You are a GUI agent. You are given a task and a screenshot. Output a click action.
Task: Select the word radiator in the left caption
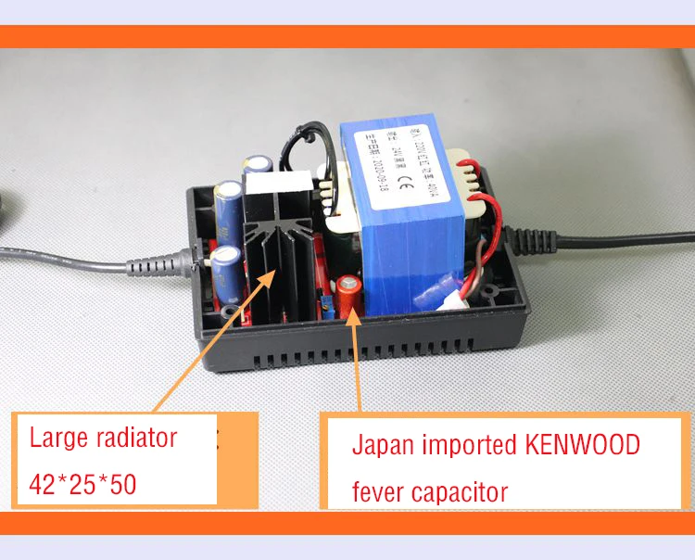tap(127, 436)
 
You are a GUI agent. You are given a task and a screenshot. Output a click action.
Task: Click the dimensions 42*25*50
tap(83, 484)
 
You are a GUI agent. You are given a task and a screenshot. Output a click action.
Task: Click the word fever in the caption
tap(376, 490)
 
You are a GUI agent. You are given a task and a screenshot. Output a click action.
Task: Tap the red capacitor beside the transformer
tap(348, 294)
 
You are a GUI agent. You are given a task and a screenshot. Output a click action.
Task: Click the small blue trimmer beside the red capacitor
tap(326, 302)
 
